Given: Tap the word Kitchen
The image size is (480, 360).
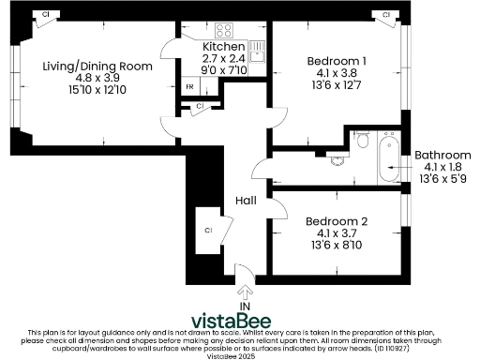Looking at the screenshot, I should tap(224, 46).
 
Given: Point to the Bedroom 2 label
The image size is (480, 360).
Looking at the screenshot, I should tap(337, 221).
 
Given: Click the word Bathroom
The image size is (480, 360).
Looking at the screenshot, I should tap(442, 155).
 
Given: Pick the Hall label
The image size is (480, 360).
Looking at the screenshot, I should tap(246, 201).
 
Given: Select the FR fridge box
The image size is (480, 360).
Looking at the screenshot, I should tap(189, 87).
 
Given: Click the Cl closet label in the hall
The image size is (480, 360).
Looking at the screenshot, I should tap(208, 230).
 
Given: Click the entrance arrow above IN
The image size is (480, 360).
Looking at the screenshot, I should tap(246, 275).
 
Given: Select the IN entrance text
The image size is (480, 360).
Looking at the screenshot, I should tap(246, 305).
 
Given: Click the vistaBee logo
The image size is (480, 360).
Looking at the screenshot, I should tap(240, 319).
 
